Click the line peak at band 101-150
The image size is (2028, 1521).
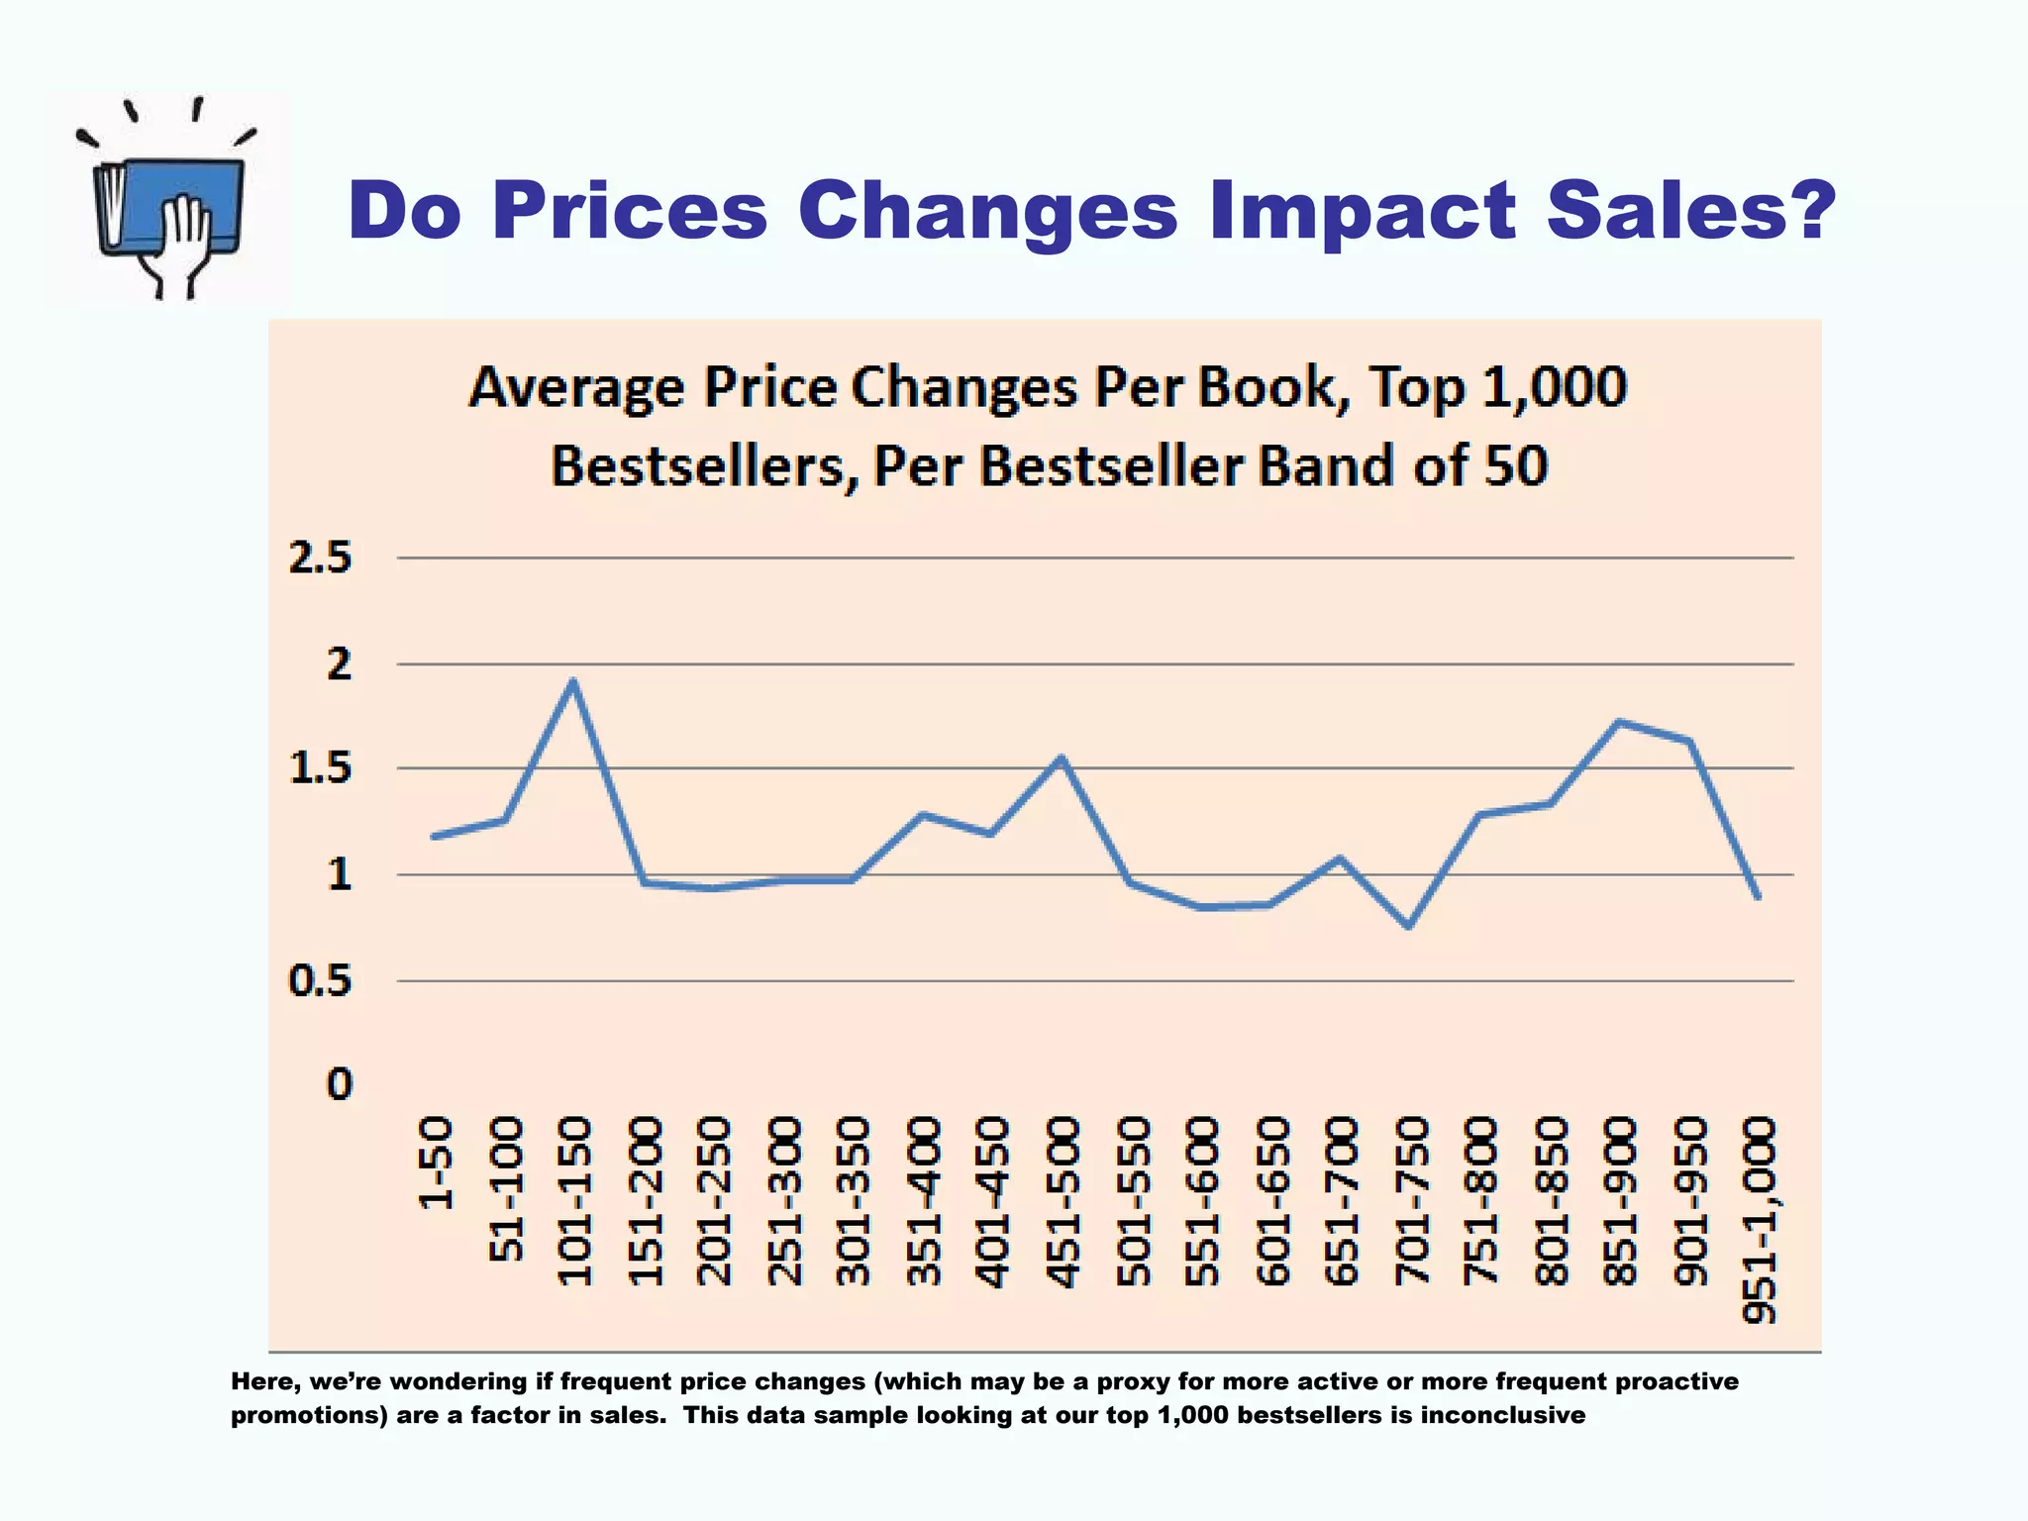[x=572, y=682]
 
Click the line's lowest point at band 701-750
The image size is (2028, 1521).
[x=1408, y=926]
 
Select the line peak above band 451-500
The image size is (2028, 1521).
[x=1061, y=759]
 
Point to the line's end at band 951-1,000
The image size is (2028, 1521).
[x=1758, y=896]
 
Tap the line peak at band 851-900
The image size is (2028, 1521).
[x=1618, y=722]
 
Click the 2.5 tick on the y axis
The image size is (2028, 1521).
[x=320, y=558]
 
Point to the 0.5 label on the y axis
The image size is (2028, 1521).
[x=320, y=981]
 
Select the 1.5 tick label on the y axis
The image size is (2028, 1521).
[x=320, y=768]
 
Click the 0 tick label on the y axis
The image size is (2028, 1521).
[x=339, y=1084]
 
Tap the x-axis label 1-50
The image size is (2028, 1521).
[x=436, y=1164]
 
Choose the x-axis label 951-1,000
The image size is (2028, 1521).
[x=1760, y=1220]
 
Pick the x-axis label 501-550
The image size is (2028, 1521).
[x=1133, y=1200]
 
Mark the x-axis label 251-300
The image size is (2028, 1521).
[x=783, y=1200]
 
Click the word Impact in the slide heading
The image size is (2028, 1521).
[x=1362, y=211]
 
